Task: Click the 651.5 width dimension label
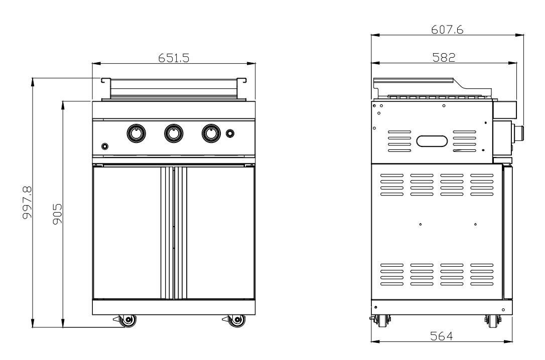click(174, 58)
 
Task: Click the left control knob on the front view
click(136, 133)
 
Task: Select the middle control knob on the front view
click(174, 133)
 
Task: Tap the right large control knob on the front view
click(211, 133)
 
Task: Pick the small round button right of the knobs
click(230, 133)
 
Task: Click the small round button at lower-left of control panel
click(105, 146)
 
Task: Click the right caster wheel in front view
click(235, 320)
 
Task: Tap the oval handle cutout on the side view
click(432, 141)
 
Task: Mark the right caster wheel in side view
click(492, 321)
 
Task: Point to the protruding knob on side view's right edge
click(520, 133)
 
